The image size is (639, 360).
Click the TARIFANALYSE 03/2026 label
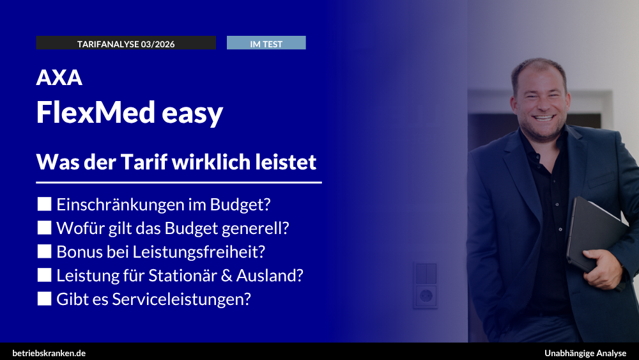point(126,43)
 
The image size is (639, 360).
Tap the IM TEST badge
point(266,43)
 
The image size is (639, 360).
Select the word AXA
point(59,77)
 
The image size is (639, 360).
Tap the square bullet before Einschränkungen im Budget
point(44,204)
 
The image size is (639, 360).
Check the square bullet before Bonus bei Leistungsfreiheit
point(44,251)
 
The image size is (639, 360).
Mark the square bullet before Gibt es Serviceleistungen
point(44,299)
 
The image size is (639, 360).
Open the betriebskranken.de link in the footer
point(49,353)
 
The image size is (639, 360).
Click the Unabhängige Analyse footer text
point(585,353)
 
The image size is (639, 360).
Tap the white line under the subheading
point(179,183)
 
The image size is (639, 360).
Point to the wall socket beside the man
point(425,296)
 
